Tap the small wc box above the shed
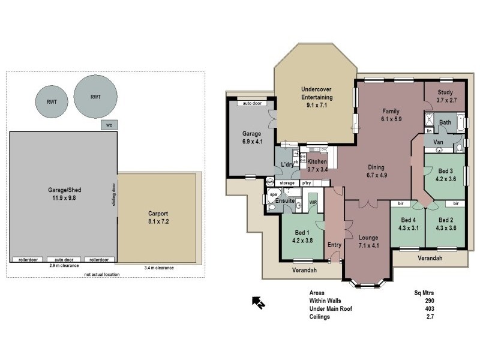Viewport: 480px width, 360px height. [109, 125]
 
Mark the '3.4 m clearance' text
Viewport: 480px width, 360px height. [160, 268]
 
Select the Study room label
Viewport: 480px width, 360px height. [445, 96]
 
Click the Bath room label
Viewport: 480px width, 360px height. [445, 122]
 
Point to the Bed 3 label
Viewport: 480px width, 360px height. [445, 174]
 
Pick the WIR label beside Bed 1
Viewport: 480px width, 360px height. [313, 203]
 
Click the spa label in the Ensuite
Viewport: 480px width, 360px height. [272, 195]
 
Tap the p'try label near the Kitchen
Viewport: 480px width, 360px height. [307, 182]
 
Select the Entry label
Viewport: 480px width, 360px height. [334, 245]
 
